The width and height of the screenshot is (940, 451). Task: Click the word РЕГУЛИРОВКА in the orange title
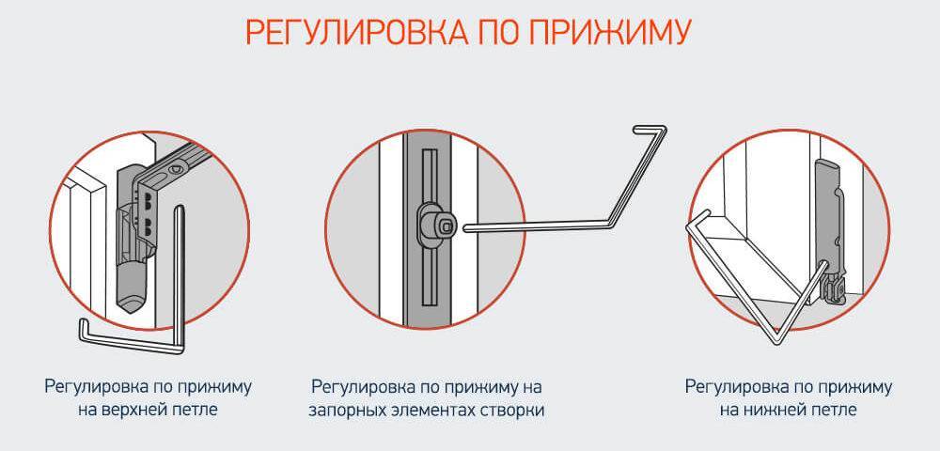(356, 32)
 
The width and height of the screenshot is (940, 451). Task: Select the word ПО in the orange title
(497, 32)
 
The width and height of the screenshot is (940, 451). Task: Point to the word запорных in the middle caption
(342, 412)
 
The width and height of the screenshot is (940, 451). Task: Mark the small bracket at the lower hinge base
(834, 290)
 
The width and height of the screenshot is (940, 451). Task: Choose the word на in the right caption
(736, 411)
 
